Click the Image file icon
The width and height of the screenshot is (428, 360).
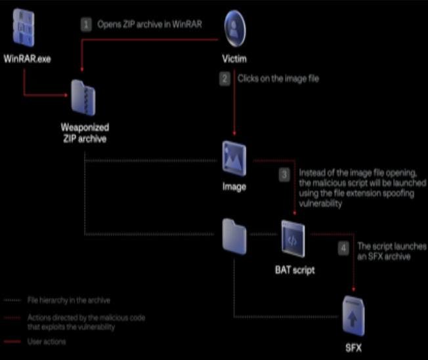click(x=234, y=157)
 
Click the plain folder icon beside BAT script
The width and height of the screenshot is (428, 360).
click(x=234, y=234)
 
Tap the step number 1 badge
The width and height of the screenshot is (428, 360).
click(x=86, y=24)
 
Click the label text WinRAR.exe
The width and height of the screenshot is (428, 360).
click(x=27, y=60)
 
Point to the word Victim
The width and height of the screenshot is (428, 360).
click(x=234, y=60)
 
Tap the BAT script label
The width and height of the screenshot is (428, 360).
click(x=293, y=268)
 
